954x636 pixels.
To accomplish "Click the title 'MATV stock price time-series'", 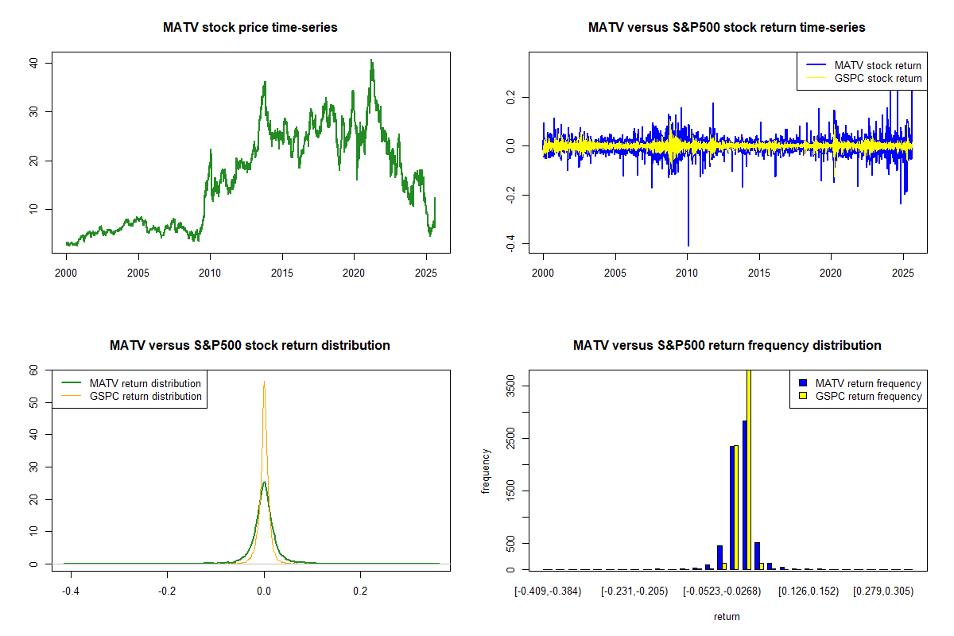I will [x=250, y=28].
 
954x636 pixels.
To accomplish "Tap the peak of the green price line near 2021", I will [x=371, y=60].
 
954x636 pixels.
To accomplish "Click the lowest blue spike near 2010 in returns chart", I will [x=688, y=245].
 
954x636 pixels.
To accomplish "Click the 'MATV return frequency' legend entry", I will [x=867, y=383].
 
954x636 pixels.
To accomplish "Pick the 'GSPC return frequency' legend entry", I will [x=867, y=396].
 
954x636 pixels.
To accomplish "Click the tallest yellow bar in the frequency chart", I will [x=748, y=469].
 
